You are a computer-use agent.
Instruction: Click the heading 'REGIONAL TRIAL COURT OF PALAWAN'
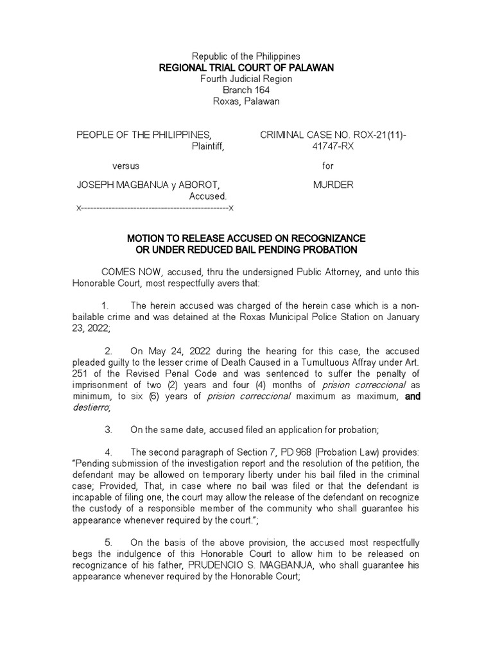click(x=246, y=68)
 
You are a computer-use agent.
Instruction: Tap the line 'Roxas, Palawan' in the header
click(x=246, y=101)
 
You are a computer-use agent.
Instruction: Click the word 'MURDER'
click(x=333, y=185)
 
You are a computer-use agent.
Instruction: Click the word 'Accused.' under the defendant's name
click(x=208, y=196)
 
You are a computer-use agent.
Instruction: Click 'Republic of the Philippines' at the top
click(x=246, y=56)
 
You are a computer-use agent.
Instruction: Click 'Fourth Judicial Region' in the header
click(x=246, y=79)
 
